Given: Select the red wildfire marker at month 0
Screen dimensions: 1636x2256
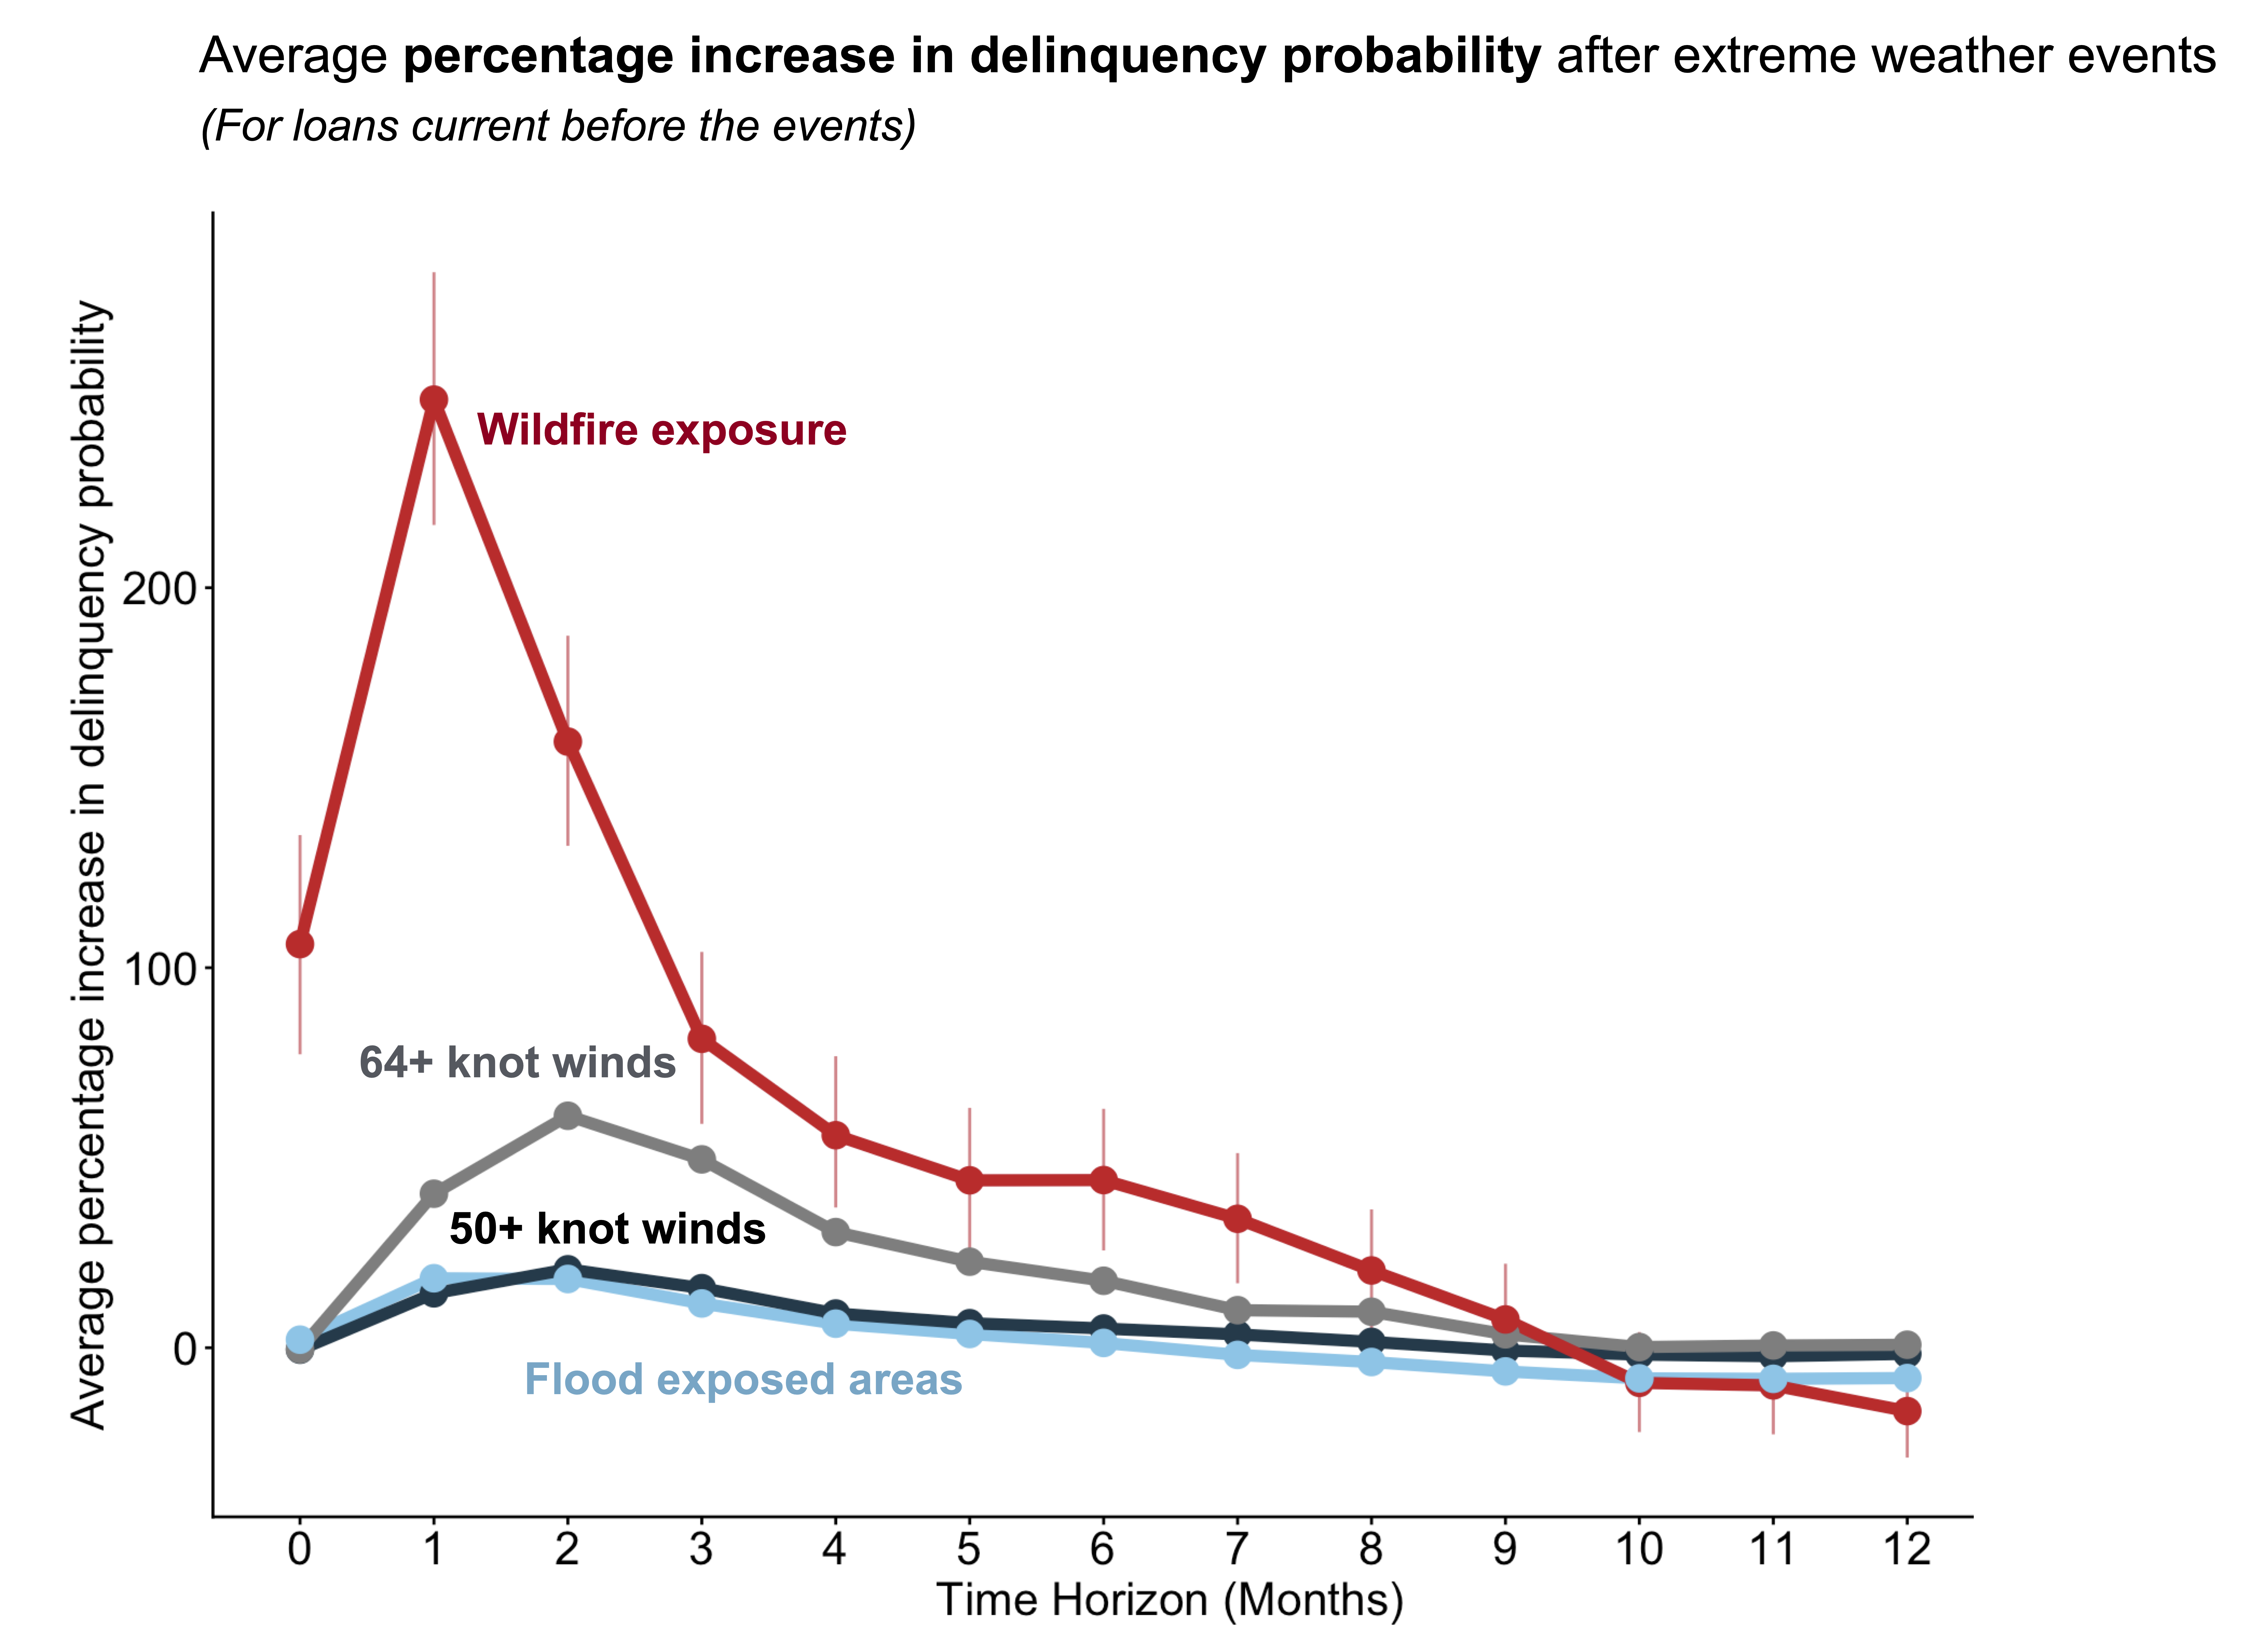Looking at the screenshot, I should (299, 944).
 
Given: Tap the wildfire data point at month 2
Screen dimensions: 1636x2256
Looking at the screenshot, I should (567, 741).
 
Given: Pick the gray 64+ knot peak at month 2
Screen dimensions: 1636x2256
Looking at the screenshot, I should (567, 1115).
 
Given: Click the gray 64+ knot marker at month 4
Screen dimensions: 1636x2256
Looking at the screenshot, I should (836, 1232).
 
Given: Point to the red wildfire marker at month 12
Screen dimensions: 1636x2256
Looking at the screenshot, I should (1906, 1411).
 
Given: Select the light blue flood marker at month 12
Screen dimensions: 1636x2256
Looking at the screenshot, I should (1906, 1377).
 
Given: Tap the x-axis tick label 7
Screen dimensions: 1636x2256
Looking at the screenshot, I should (1237, 1548).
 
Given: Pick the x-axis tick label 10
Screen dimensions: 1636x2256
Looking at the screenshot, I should (1638, 1548).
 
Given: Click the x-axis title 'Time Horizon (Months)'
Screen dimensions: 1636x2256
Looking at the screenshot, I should (1170, 1600).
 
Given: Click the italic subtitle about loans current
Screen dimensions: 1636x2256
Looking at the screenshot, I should (557, 126).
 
